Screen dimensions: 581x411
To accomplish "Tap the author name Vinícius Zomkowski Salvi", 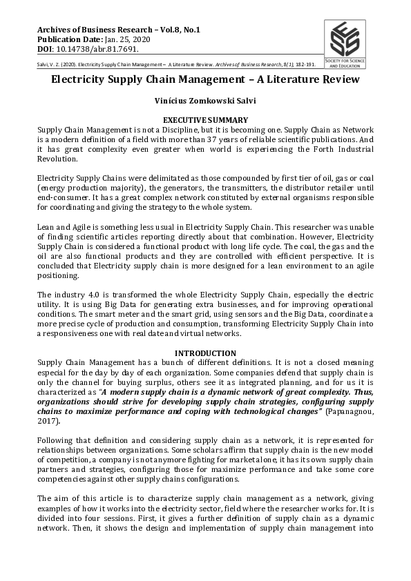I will tap(205, 101).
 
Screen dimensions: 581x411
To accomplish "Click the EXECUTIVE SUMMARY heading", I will tap(205, 120).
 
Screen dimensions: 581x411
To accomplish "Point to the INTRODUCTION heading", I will tap(205, 353).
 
